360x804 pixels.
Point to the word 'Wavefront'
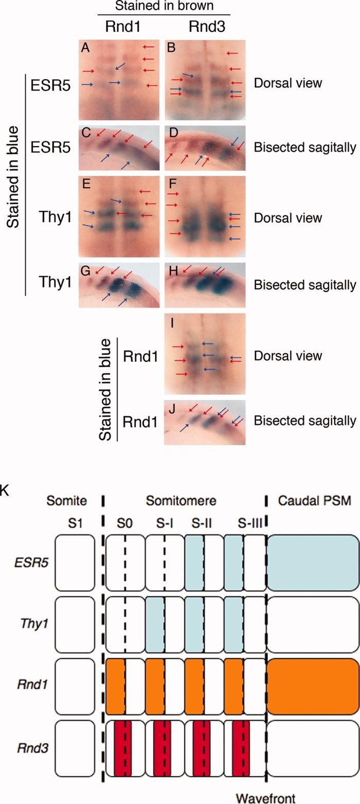265,797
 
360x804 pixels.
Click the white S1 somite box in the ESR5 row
75,560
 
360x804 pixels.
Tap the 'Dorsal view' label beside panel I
287,356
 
